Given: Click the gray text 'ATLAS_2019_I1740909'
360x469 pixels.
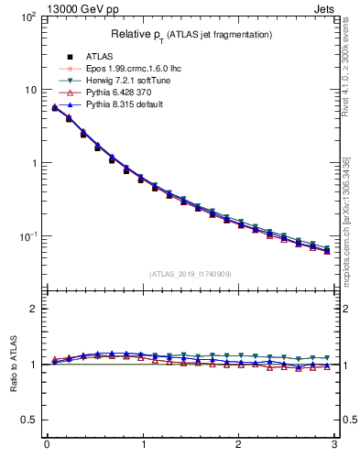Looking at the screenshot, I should (191, 274).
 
